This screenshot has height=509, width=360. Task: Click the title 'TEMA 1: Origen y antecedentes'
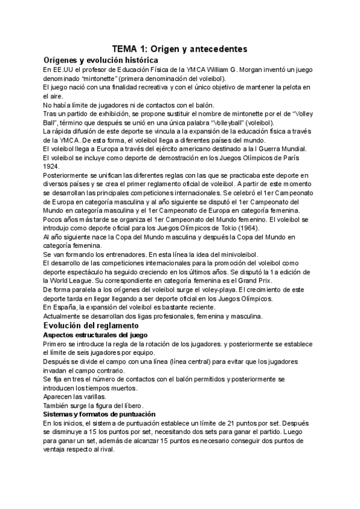point(180,49)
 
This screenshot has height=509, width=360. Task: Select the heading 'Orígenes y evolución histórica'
point(101,60)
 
